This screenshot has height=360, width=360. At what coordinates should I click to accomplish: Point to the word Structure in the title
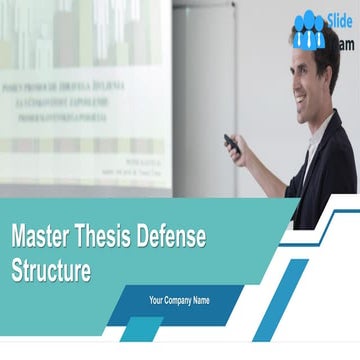coord(51,269)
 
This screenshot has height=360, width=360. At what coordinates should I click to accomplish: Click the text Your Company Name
coord(179,299)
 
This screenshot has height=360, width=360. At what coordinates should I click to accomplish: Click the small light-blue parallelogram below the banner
coord(140,329)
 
